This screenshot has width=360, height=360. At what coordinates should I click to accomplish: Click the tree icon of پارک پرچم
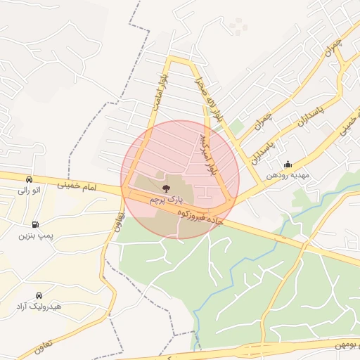click(166, 188)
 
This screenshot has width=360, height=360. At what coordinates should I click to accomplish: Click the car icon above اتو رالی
click(28, 179)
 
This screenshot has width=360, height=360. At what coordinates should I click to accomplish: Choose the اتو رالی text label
click(30, 190)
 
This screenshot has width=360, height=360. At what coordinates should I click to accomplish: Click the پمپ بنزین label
click(35, 234)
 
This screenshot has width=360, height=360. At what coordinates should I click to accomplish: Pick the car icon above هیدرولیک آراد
click(39, 296)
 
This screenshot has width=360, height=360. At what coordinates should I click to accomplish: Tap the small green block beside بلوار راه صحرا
click(236, 127)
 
